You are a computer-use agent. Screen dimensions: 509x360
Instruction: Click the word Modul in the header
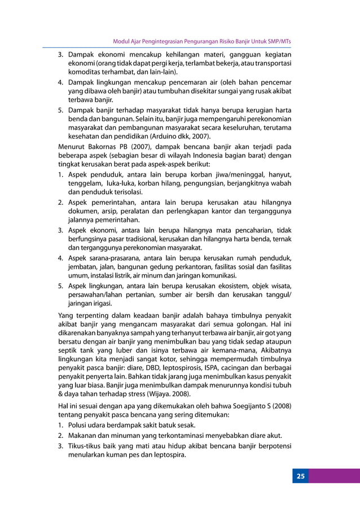click(x=122, y=41)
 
